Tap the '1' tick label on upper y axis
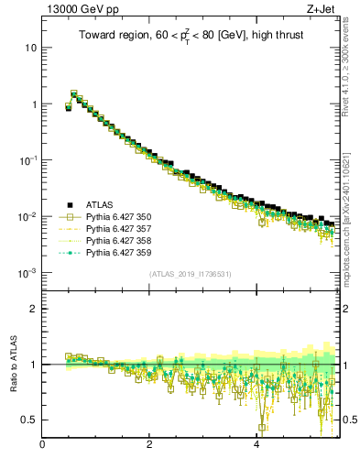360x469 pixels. coord(33,104)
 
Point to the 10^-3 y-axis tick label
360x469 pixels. coord(27,273)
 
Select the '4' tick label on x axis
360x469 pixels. coord(256,446)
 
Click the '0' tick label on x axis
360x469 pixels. coord(43,446)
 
